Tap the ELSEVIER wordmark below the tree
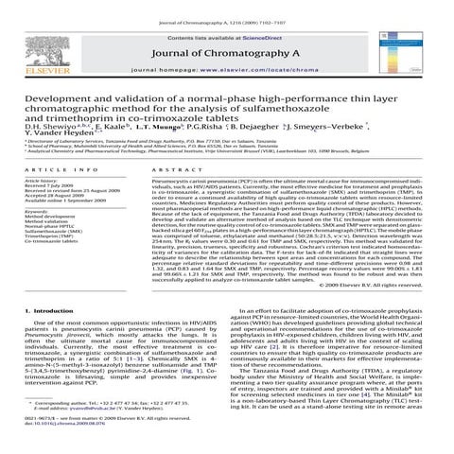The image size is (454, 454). tap(36, 68)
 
